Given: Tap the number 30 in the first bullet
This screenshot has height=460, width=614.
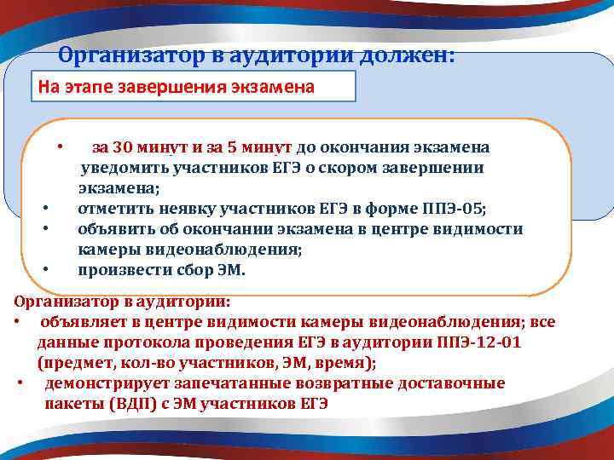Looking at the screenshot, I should (124, 147).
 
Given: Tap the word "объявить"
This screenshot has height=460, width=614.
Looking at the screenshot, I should (112, 230).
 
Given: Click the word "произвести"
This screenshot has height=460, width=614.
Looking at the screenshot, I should (119, 271).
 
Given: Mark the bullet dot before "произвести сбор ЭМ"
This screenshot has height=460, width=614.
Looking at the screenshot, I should (43, 271).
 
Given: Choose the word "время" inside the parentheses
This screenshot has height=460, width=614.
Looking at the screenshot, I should (345, 363).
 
